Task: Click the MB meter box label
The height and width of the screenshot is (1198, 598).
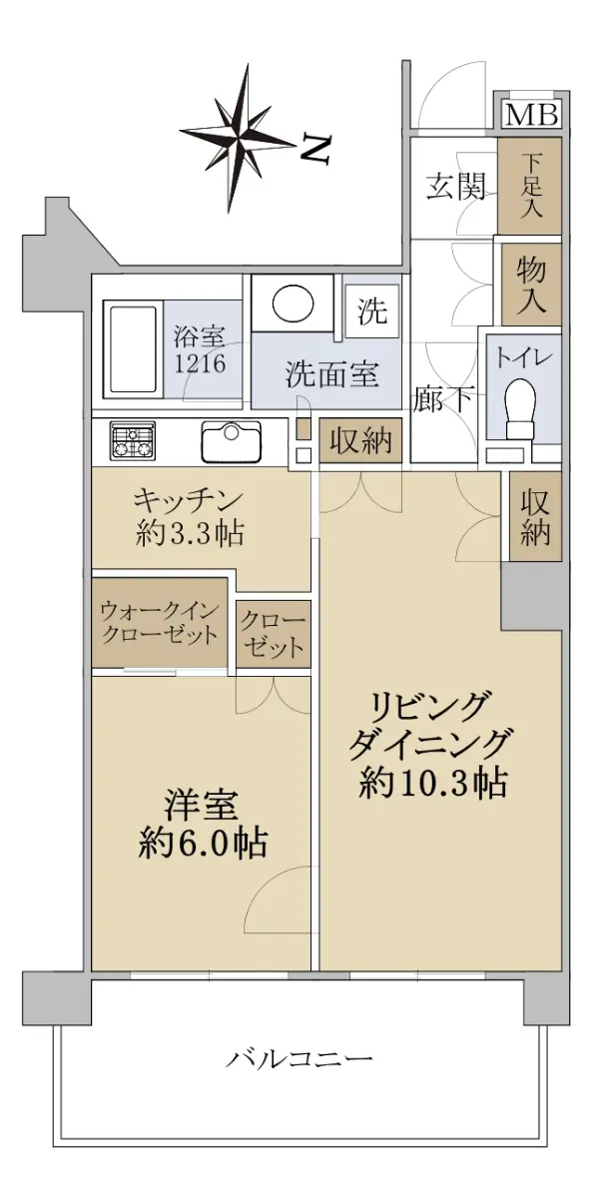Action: [532, 114]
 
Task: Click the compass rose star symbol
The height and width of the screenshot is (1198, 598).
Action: [239, 138]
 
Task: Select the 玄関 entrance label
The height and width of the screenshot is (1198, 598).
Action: [455, 188]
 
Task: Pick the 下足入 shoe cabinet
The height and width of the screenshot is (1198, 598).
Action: [529, 186]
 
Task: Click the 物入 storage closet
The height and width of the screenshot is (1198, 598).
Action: [531, 284]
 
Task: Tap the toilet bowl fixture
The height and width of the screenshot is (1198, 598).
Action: [521, 409]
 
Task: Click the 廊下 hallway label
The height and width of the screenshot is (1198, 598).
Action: [442, 398]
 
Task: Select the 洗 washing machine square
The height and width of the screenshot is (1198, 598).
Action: [372, 310]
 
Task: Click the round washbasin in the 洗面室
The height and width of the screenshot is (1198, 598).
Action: [293, 303]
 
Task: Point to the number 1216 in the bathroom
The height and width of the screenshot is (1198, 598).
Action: [200, 363]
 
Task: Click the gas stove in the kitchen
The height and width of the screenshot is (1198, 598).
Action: [133, 440]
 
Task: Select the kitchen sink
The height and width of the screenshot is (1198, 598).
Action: [231, 441]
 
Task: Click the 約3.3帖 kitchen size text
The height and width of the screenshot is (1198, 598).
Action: [190, 534]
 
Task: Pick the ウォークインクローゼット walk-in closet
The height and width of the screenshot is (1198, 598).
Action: [160, 622]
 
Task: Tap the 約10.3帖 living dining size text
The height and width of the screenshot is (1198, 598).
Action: [433, 784]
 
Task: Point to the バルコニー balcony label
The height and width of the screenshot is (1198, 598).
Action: [298, 1057]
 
